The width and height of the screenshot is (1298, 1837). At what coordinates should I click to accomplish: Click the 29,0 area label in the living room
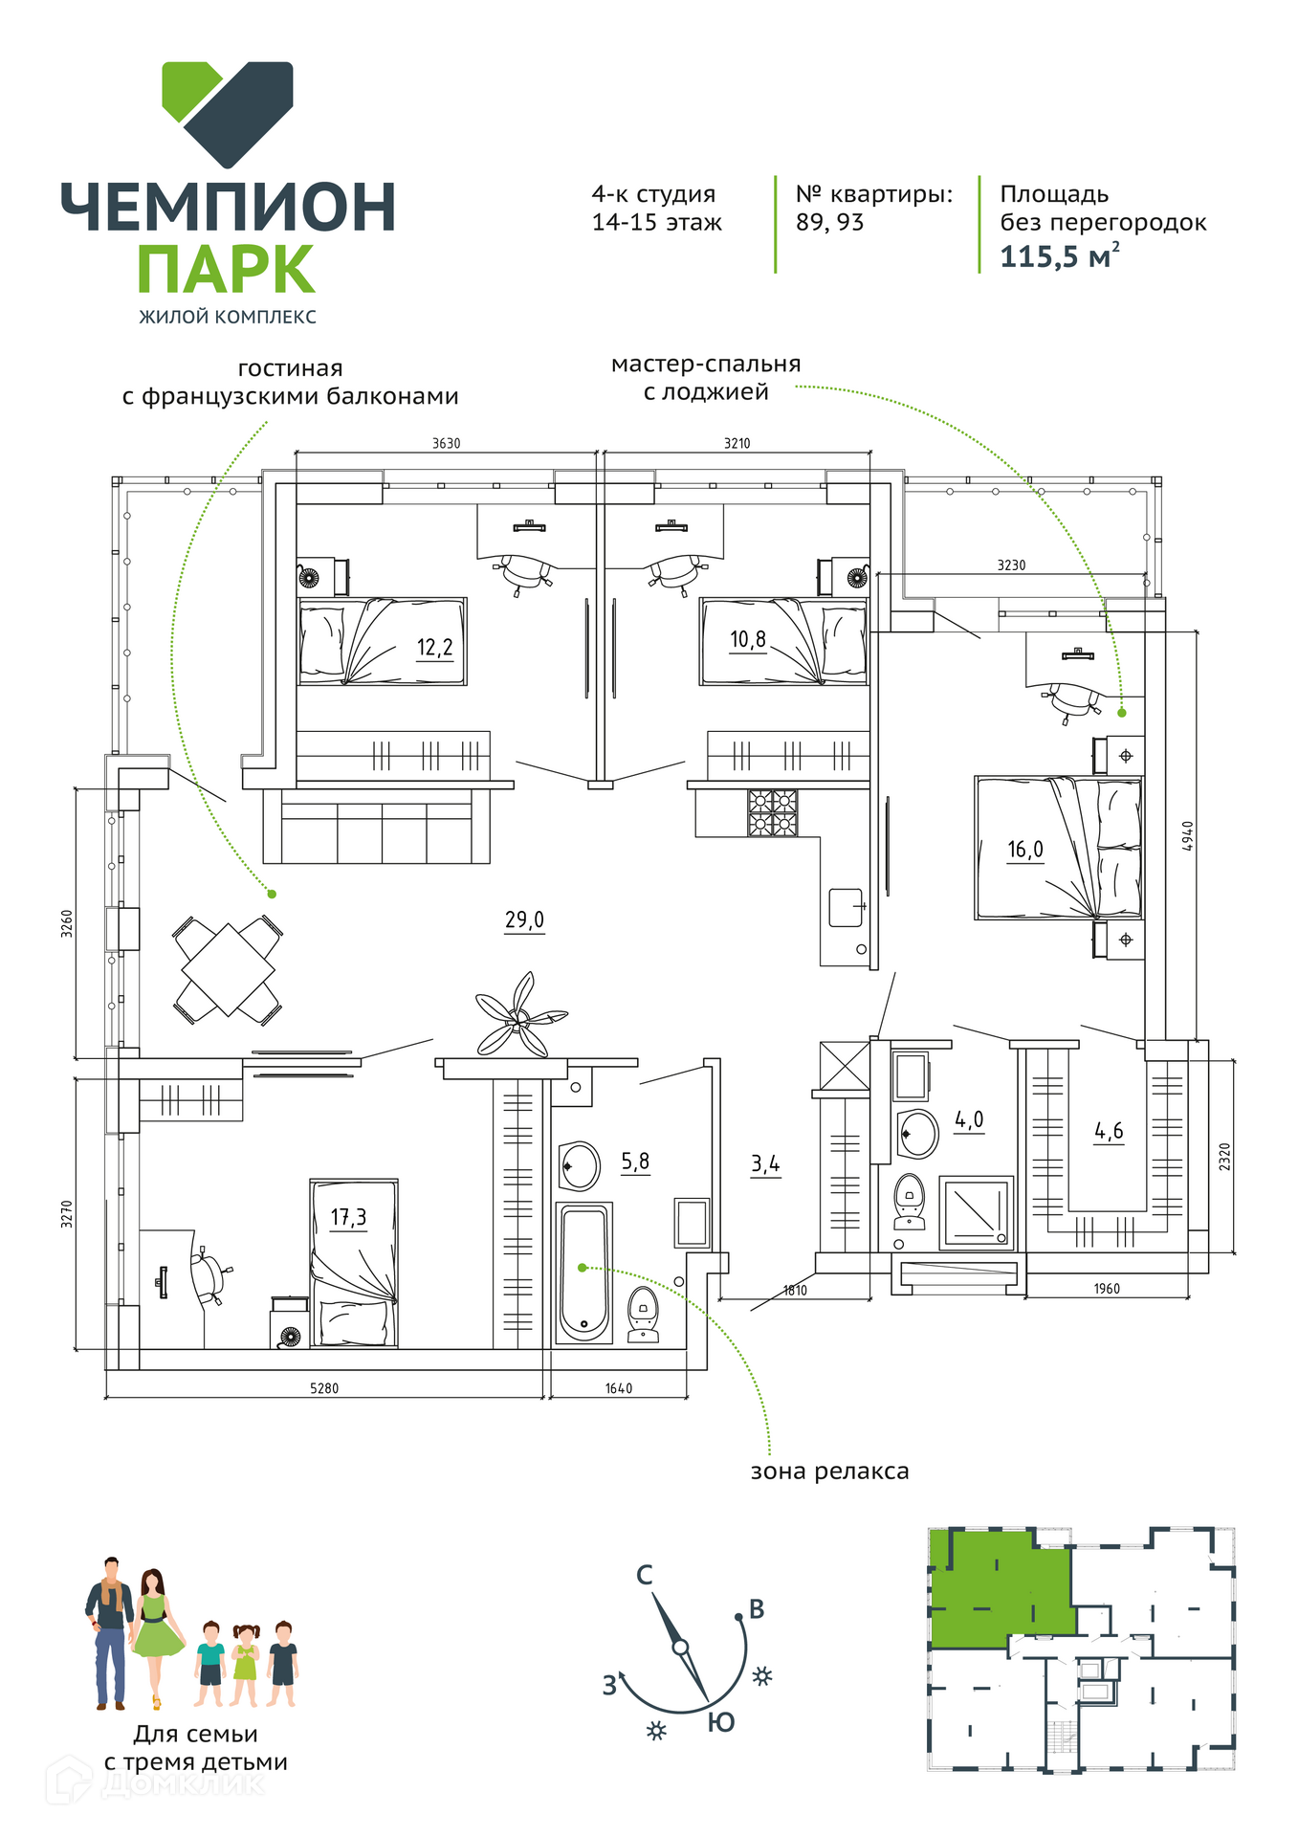pos(524,920)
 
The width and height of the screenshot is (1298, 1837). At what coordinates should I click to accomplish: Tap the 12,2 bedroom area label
pos(434,648)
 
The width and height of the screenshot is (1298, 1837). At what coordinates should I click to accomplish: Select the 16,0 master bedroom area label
pos(1024,850)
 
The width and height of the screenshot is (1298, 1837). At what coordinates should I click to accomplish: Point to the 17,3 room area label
pos(348,1218)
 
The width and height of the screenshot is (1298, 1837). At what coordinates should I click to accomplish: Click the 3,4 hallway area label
pos(765,1164)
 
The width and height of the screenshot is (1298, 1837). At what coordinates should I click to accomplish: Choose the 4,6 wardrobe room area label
pos(1109,1132)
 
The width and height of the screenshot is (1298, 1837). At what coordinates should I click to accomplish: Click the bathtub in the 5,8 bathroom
pos(583,1273)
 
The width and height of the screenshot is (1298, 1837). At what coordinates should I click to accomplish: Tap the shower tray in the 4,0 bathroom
pos(976,1212)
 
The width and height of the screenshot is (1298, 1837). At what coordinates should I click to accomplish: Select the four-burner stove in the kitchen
pos(773,812)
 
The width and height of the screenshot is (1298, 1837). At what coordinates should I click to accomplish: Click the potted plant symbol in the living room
pos(518,1017)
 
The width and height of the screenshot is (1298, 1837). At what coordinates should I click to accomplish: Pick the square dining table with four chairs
pos(228,970)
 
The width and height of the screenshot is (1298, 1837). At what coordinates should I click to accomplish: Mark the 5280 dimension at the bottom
pos(324,1388)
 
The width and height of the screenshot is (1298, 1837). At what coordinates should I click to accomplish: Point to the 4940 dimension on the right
pos(1188,836)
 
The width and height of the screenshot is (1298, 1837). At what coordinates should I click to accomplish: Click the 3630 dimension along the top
pos(446,444)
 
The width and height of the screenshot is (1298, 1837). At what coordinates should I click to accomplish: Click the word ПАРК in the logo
pos(226,271)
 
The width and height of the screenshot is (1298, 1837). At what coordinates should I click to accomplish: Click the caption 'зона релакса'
pos(829,1472)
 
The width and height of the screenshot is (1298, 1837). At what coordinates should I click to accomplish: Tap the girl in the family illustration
pos(246,1666)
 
